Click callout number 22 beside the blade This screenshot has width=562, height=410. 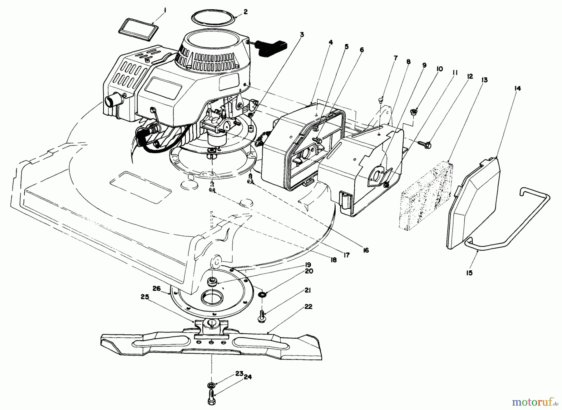(x=308, y=307)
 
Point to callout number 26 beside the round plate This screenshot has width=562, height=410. (x=156, y=289)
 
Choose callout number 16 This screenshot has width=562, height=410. (x=366, y=250)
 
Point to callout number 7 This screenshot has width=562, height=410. (x=395, y=58)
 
